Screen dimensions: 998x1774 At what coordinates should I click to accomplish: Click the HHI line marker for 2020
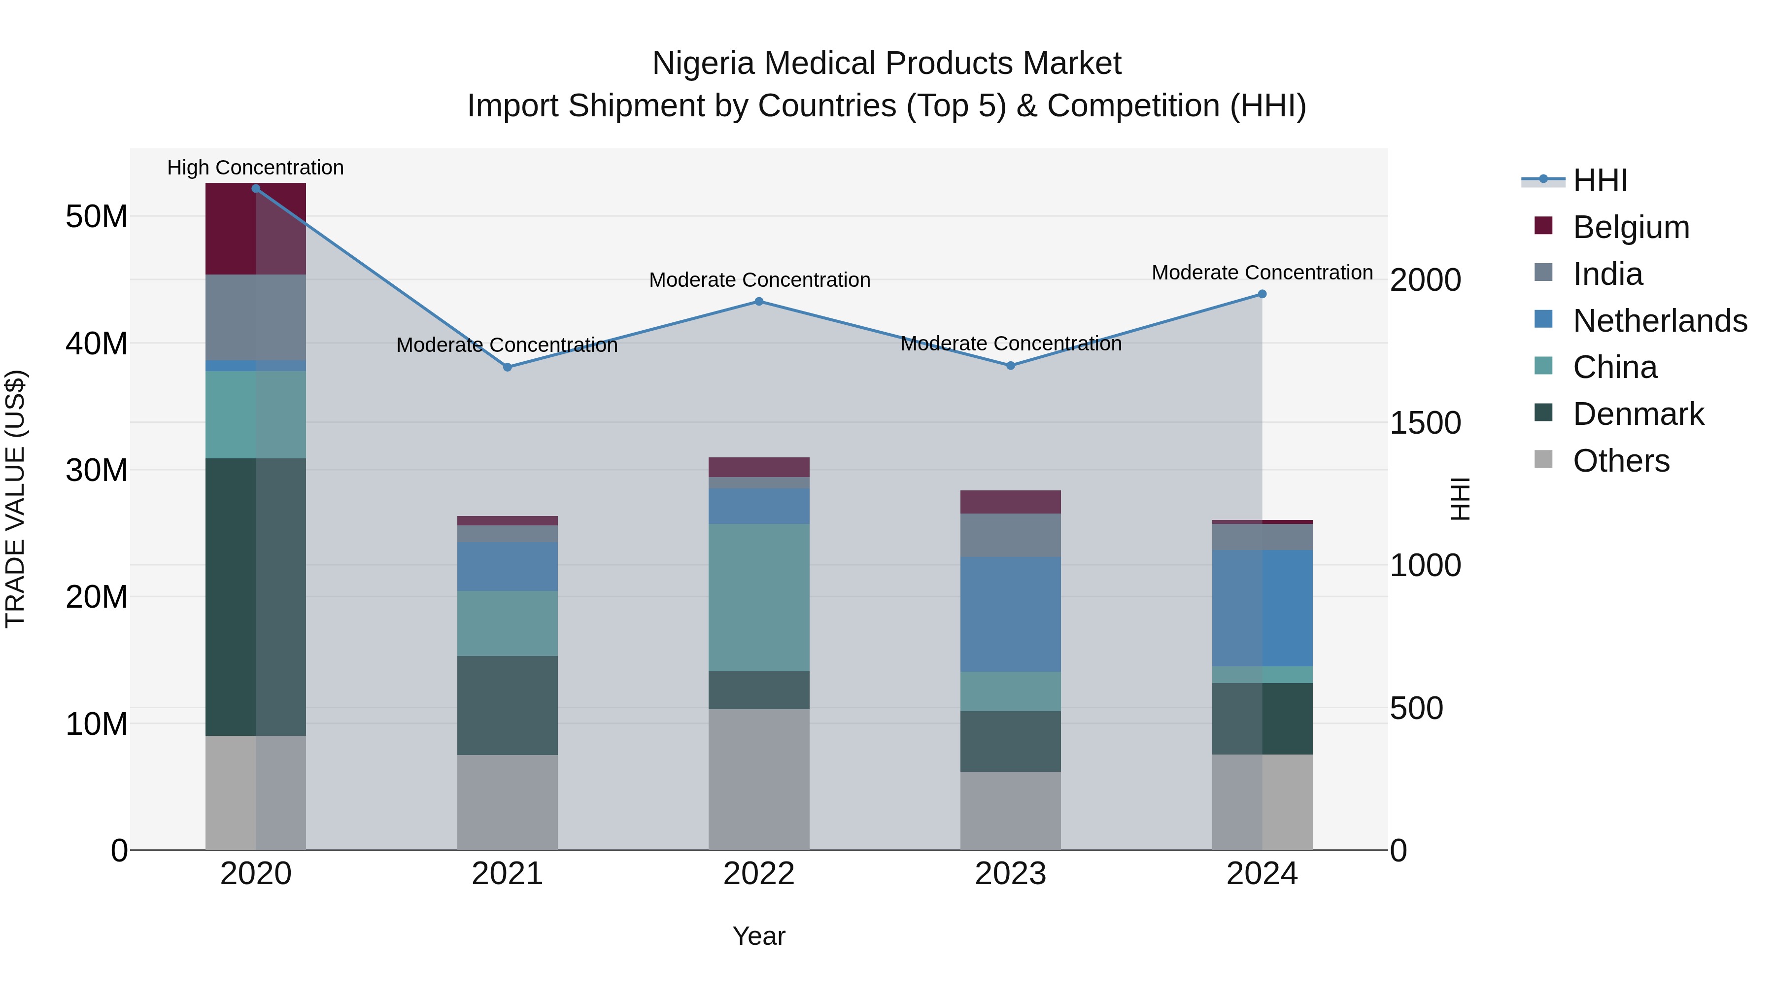click(x=255, y=188)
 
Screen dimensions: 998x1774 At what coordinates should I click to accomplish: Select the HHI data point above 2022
click(x=758, y=301)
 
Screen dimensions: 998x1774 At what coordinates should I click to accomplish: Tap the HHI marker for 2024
click(x=1262, y=294)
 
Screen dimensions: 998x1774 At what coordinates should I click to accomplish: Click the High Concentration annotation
click(x=255, y=168)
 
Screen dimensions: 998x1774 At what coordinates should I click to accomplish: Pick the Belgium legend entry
click(x=1630, y=227)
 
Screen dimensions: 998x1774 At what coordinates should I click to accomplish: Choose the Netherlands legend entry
click(x=1659, y=321)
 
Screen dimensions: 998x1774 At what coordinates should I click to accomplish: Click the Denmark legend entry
click(x=1638, y=414)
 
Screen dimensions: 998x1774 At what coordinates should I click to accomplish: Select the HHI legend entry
click(x=1599, y=180)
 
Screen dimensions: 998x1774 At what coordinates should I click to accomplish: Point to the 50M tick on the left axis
click(x=97, y=217)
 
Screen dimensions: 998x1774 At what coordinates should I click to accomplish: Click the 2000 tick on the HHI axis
click(x=1425, y=280)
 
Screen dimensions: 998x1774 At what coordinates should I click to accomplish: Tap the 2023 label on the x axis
click(x=1010, y=874)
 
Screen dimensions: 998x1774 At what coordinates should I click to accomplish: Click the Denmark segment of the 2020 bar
click(x=255, y=596)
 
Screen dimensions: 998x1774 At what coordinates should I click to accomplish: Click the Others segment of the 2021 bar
click(x=507, y=802)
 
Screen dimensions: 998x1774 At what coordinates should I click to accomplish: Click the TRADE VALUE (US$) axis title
click(x=15, y=499)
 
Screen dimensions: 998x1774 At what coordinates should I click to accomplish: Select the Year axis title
click(x=758, y=936)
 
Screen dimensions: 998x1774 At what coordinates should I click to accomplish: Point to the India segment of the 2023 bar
click(x=1010, y=535)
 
